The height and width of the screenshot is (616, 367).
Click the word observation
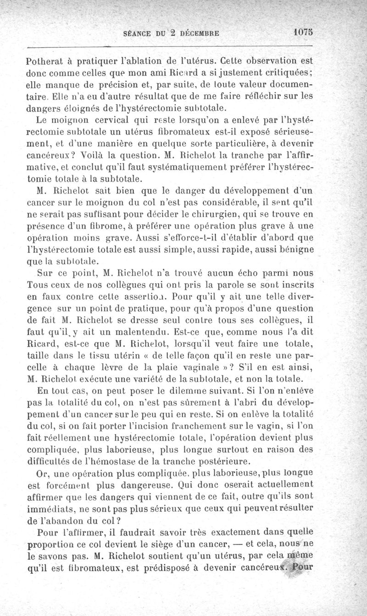coord(278,61)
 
